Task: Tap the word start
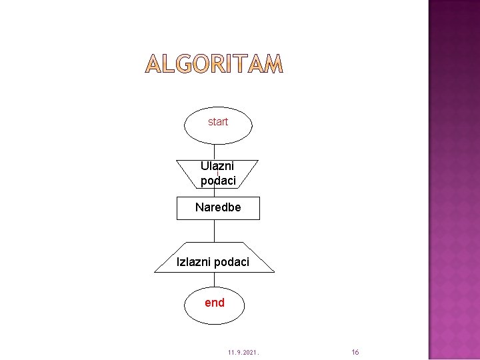(218, 121)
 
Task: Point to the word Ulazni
(217, 165)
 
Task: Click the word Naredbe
(218, 207)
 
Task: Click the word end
(215, 303)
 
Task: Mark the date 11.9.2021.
(243, 351)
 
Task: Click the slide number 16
(355, 351)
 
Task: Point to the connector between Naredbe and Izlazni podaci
(215, 231)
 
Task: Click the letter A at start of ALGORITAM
(153, 64)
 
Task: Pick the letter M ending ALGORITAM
(273, 64)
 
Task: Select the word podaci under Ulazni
(218, 180)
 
